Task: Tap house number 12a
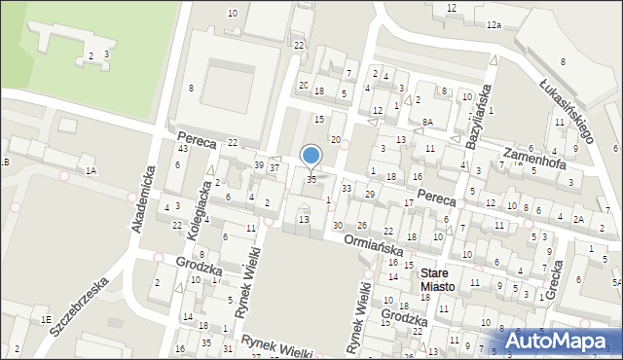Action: coord(494,24)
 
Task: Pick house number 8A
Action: coord(427,123)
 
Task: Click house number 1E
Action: coord(45,319)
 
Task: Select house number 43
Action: coord(183,148)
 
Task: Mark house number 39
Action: coord(258,165)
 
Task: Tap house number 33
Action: coord(346,188)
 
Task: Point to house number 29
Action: coord(369,195)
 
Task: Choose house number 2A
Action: coord(578,219)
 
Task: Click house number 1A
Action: coord(91,171)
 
